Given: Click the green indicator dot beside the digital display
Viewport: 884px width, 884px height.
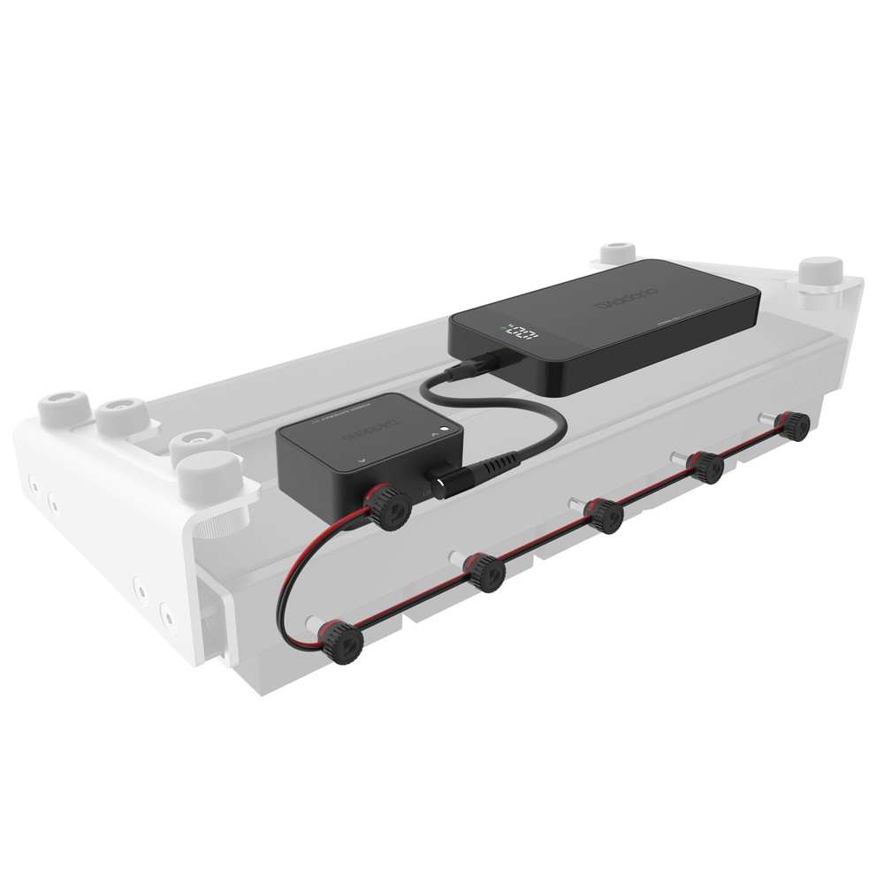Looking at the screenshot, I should pos(503,332).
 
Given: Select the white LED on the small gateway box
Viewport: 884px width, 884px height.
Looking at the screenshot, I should pos(449,431).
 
